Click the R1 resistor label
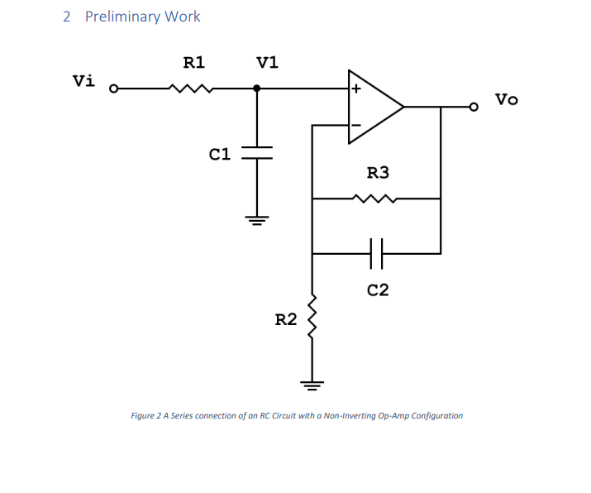194,62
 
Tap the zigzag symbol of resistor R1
192,88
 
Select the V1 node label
267,62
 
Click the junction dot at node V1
257,88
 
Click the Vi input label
83,80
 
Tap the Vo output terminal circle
474,107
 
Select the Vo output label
507,99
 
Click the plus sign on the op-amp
356,88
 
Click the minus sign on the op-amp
356,126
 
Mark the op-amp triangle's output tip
403,107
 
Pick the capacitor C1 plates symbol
257,153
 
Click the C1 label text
219,153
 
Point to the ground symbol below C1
257,220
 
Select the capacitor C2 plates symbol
376,253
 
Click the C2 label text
378,290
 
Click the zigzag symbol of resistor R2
312,319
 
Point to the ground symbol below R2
312,384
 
